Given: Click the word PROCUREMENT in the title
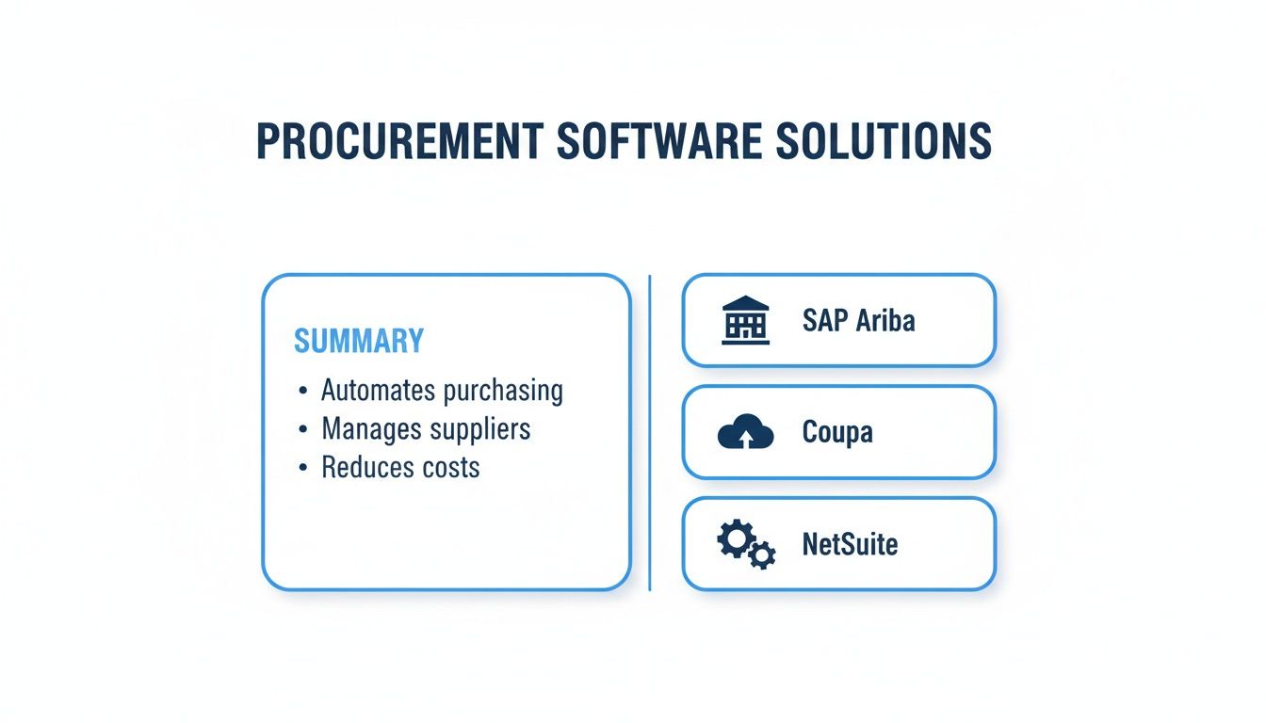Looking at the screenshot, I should click(x=398, y=141).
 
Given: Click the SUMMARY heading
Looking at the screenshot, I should click(x=359, y=341).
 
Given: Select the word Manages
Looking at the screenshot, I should click(x=371, y=429).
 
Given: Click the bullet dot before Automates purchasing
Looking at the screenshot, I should click(x=301, y=392).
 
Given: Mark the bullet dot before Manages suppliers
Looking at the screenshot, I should click(x=301, y=430).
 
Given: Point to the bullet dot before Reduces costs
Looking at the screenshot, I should click(x=301, y=468).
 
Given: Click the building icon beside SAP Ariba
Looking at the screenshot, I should click(x=745, y=321).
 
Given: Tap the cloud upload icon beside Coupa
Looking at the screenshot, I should click(x=745, y=432).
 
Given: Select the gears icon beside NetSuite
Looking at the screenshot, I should click(x=746, y=545).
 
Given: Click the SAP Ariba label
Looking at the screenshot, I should click(x=858, y=321).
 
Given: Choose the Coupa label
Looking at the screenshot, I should click(x=837, y=432).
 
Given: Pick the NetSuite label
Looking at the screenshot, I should click(x=850, y=544).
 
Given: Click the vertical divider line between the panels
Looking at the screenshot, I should click(x=650, y=433).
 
